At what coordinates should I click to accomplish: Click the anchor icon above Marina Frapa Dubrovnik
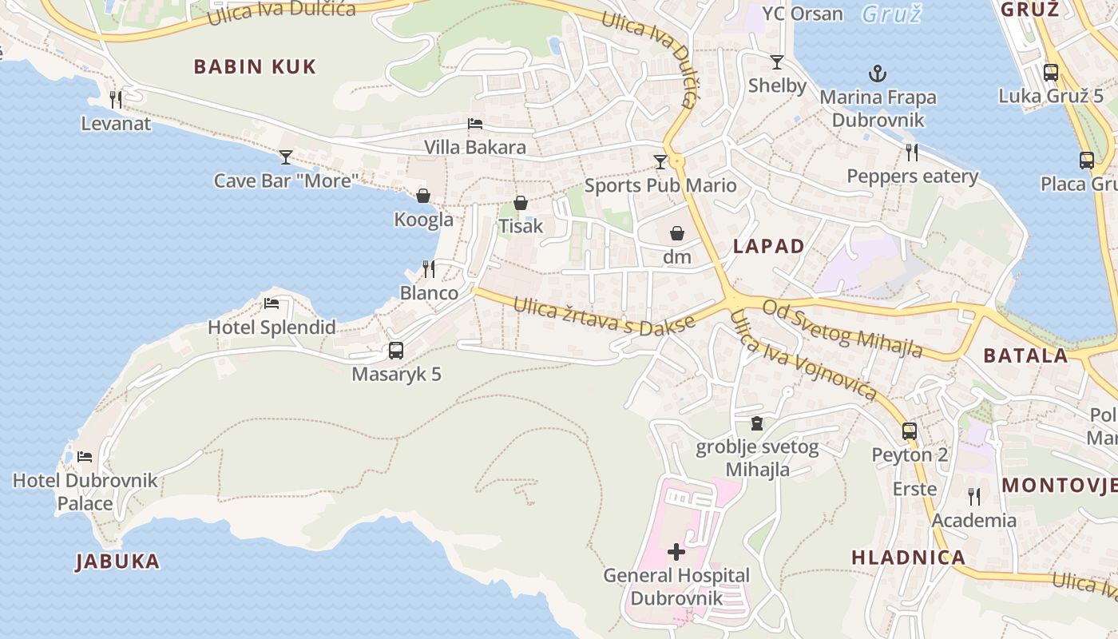point(878,74)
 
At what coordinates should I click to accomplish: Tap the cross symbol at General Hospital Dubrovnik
point(676,551)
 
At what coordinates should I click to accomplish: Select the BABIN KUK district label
point(255,66)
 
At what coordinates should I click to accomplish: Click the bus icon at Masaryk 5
point(396,350)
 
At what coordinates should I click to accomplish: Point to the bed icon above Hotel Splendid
point(272,304)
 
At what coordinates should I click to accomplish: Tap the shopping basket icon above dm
point(677,233)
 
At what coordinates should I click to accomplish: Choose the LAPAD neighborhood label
point(768,246)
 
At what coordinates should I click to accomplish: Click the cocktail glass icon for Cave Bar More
point(286,157)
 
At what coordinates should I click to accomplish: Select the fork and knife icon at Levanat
point(116,99)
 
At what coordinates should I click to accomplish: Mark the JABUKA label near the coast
point(118,562)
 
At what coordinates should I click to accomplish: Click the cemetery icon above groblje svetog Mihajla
point(757,423)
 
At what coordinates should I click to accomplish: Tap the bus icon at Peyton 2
point(910,431)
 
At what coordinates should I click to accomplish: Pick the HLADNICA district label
point(908,558)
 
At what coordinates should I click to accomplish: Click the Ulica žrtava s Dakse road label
point(604,317)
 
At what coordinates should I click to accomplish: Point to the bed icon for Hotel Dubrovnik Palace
point(85,457)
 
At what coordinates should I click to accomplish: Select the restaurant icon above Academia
point(974,497)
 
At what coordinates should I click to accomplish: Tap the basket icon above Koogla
point(423,196)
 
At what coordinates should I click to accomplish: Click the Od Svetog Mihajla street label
point(842,328)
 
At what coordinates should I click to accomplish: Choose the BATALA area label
point(1025,355)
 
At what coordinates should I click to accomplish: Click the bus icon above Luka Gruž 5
point(1051,73)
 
